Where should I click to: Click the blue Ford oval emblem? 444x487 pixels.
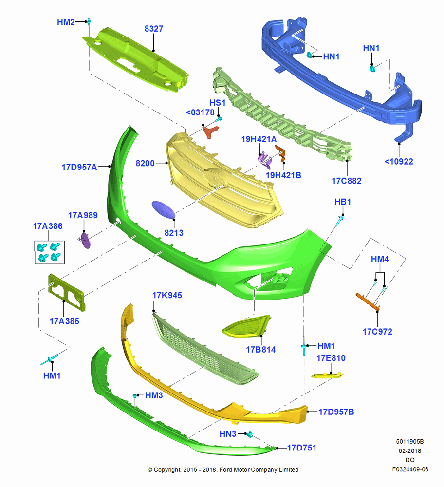point(163,209)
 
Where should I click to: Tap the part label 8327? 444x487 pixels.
point(154,29)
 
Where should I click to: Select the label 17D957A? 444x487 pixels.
point(79,167)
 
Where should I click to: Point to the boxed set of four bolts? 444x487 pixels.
point(49,252)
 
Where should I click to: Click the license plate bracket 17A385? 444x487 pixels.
point(66,292)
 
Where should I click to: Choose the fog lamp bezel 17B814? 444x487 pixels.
point(246,326)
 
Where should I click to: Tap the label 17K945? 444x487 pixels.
point(167,296)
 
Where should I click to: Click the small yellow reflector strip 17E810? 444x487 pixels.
point(327,375)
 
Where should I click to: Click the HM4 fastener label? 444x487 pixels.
point(380,259)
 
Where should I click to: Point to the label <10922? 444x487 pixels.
point(399,162)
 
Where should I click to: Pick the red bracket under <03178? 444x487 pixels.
point(210,131)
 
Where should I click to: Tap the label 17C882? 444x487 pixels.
point(347,181)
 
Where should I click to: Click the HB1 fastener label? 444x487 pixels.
point(342,202)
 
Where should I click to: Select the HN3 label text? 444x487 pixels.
point(227,434)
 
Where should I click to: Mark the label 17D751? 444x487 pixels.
point(301,448)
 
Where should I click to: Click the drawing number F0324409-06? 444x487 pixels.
point(410,469)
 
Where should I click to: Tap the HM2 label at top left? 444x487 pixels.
point(66,22)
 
